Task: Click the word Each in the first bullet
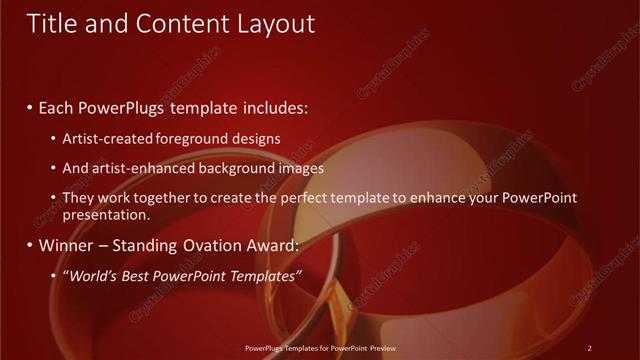coord(61,107)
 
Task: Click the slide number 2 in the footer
coord(590,348)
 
